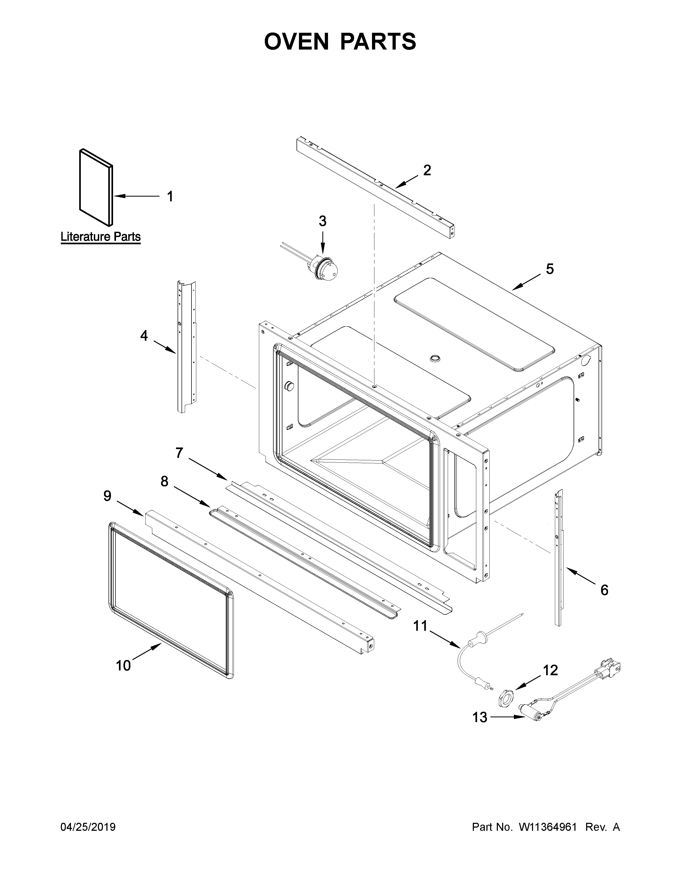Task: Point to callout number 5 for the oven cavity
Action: pos(550,268)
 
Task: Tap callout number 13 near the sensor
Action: pos(480,718)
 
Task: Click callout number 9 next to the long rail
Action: pos(107,496)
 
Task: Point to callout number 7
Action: pos(179,453)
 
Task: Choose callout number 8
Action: pos(164,481)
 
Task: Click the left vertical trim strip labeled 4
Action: pos(185,346)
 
